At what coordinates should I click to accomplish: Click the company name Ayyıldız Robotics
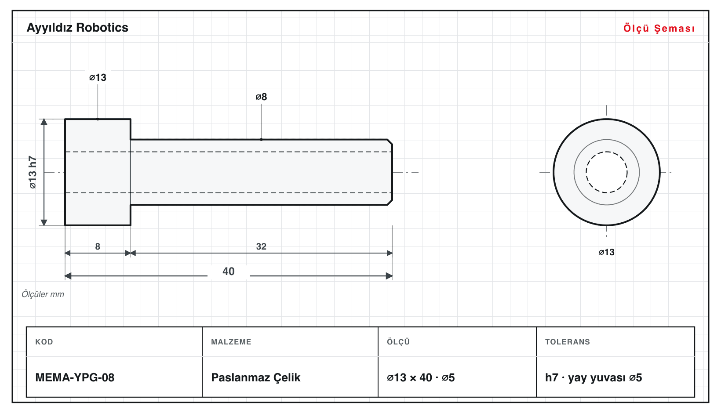(x=77, y=28)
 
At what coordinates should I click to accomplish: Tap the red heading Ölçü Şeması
(x=659, y=28)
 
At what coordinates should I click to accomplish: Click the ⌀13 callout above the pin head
(x=98, y=77)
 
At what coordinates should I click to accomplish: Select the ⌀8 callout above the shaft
(x=261, y=97)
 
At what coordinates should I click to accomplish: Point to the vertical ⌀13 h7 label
(x=33, y=172)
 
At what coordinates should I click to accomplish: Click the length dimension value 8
(x=98, y=246)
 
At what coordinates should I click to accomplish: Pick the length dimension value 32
(x=261, y=246)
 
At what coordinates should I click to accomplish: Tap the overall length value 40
(x=229, y=272)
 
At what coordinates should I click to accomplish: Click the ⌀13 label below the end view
(x=606, y=252)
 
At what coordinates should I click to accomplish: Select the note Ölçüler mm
(x=43, y=294)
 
